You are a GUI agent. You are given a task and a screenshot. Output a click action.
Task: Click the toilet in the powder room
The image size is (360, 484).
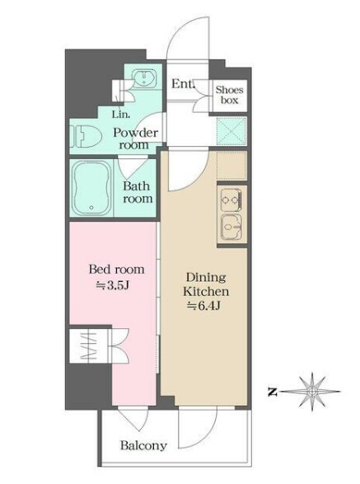86,137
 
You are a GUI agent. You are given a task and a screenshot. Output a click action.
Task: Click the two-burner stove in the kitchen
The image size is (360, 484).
231,200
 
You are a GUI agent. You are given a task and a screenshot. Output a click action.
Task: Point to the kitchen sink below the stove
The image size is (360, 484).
231,228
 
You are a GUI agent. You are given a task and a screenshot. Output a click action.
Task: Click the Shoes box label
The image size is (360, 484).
230,95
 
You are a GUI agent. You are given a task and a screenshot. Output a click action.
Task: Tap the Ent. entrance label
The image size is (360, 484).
183,83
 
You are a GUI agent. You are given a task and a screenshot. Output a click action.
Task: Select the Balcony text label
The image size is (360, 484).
143,445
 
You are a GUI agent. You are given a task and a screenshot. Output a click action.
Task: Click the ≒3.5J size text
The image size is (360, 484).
112,285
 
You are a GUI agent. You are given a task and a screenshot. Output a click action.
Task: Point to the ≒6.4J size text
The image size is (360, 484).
204,306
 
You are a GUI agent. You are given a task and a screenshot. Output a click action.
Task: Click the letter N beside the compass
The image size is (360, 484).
273,392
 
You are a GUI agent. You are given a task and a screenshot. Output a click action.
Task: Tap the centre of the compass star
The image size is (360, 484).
312,392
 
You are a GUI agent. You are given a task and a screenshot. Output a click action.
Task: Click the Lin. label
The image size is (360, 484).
121,115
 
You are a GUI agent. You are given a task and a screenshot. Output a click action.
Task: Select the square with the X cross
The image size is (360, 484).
232,131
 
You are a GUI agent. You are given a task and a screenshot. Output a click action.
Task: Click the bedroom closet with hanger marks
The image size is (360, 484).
90,345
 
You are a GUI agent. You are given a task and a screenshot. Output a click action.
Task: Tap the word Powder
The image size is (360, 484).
136,133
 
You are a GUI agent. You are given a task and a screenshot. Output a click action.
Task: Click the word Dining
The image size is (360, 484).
206,277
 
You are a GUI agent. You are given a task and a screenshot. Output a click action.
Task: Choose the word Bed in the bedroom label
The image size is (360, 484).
99,269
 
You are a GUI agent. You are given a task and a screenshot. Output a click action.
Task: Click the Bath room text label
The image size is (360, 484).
138,192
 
